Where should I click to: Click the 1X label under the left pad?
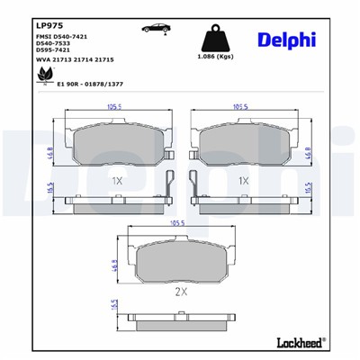click(x=116, y=180)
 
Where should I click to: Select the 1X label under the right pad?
click(x=242, y=180)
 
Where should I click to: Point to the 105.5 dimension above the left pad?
click(x=113, y=105)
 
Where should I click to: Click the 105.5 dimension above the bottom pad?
click(x=177, y=221)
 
